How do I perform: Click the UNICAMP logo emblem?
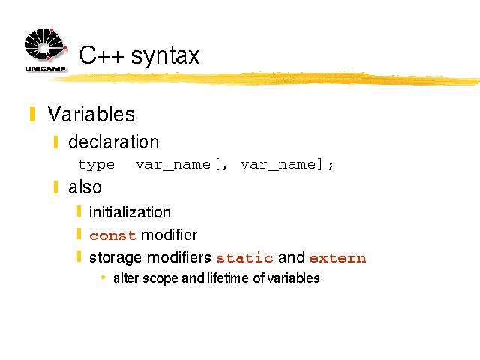(x=46, y=45)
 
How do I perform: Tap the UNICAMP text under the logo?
(x=45, y=68)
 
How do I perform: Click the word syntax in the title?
(x=165, y=56)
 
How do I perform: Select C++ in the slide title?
(x=102, y=55)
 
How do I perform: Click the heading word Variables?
(x=91, y=114)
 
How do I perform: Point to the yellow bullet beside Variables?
(x=32, y=114)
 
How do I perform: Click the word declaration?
(x=113, y=142)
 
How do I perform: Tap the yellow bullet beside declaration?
(x=55, y=142)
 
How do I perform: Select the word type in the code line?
(x=97, y=165)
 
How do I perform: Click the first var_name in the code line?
(x=173, y=165)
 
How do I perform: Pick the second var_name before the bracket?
(x=278, y=165)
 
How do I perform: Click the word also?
(x=85, y=187)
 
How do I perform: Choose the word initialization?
(x=130, y=212)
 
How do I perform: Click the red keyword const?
(x=112, y=235)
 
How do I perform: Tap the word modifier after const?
(x=169, y=235)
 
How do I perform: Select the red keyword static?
(x=244, y=258)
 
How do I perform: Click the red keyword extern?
(x=337, y=258)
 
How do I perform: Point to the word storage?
(x=116, y=258)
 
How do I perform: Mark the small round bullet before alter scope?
(x=103, y=277)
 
